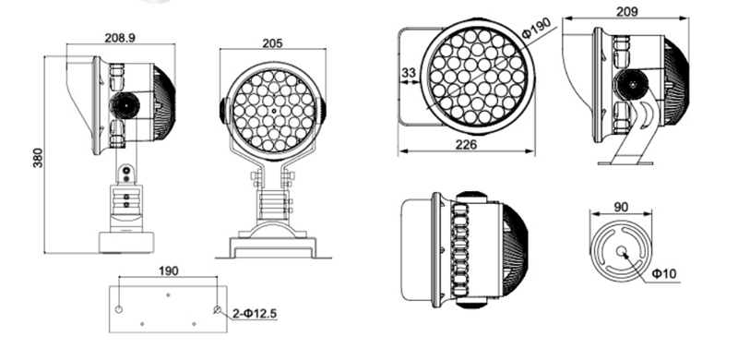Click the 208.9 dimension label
(x=120, y=38)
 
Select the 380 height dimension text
(x=38, y=158)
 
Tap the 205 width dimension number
(x=272, y=43)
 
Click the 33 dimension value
(x=409, y=73)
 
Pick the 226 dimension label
(x=466, y=144)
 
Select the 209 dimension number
(x=627, y=11)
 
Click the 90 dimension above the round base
(x=621, y=207)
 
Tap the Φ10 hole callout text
(x=663, y=273)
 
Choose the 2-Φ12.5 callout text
(x=256, y=313)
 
